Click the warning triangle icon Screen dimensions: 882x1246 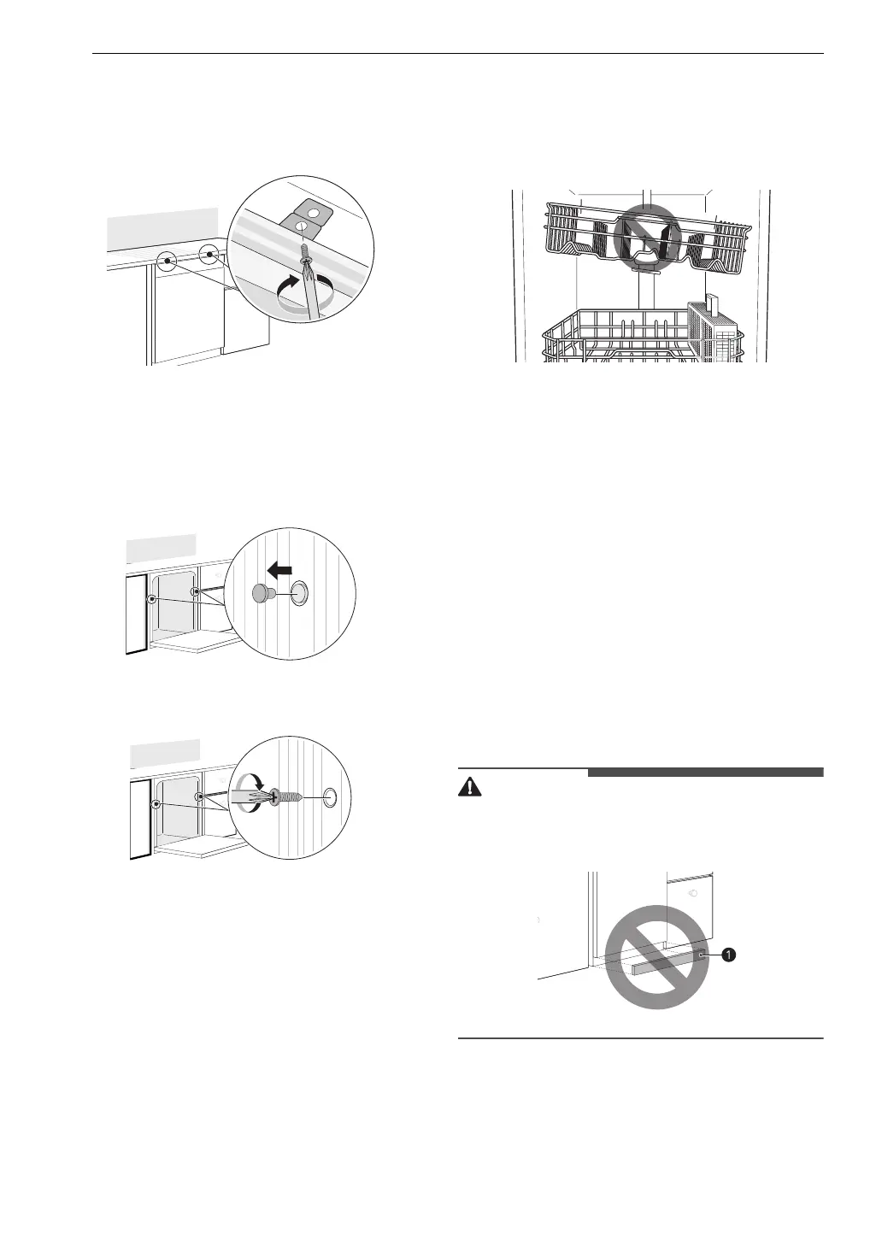pyautogui.click(x=469, y=788)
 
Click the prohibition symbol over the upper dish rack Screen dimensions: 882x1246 pyautogui.click(x=646, y=232)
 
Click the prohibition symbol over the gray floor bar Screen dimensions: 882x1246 pyautogui.click(x=656, y=955)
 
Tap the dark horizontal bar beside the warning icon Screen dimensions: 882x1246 pyautogui.click(x=705, y=773)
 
